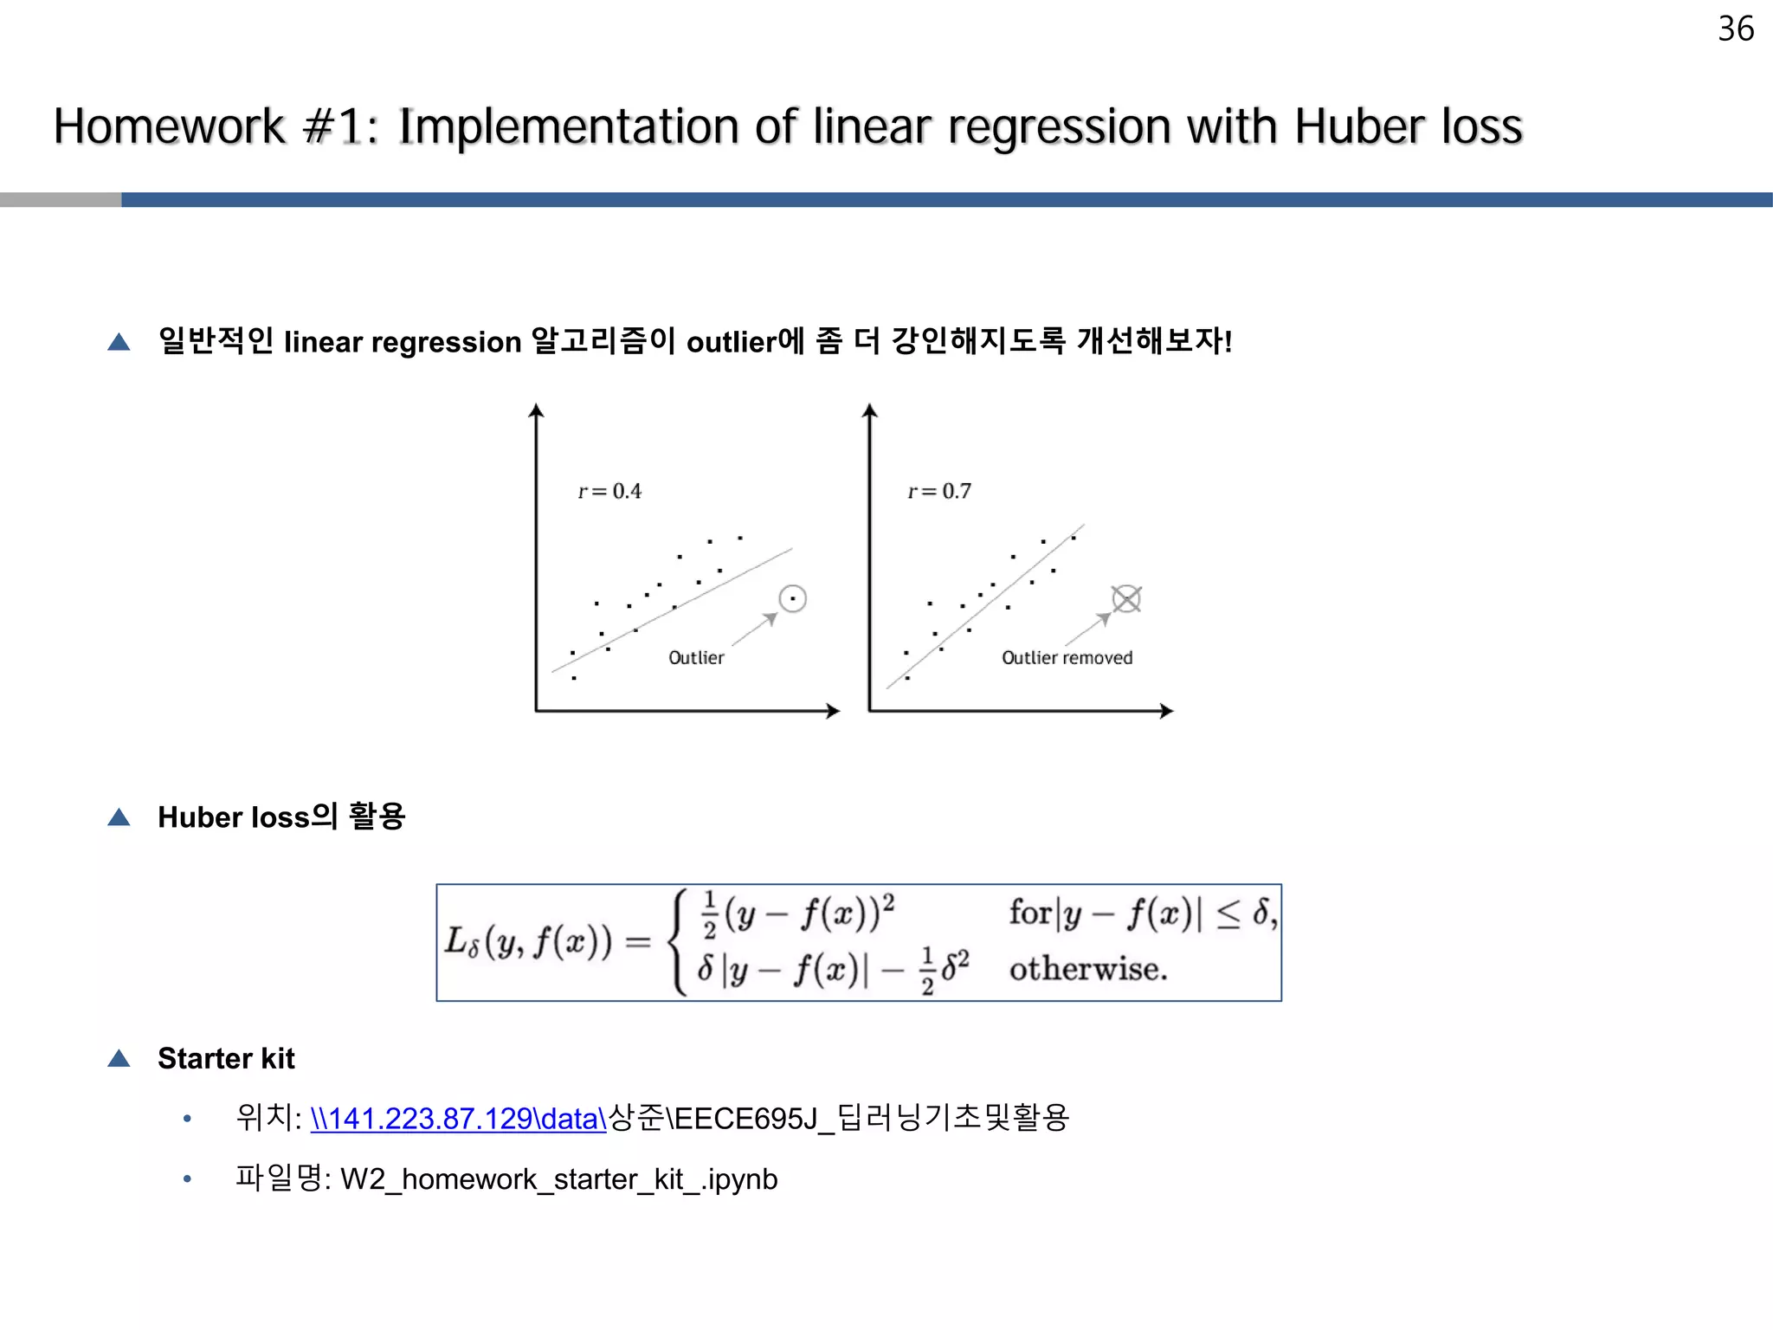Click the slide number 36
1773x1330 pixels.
1735,29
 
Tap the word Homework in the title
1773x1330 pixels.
169,127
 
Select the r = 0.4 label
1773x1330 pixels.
609,492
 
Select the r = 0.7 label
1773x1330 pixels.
939,492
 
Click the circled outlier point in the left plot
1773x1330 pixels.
792,598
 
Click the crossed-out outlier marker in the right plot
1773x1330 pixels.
1126,598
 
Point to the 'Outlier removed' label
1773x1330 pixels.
1067,658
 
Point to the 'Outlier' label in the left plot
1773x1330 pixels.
696,658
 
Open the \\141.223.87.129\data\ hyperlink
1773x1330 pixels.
458,1119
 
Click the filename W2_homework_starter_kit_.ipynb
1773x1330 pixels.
558,1179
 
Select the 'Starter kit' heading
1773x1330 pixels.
226,1058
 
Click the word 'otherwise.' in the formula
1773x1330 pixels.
1087,969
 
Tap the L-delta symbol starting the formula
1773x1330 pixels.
461,942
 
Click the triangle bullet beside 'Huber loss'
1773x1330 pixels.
119,817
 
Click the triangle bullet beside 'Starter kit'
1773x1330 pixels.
119,1058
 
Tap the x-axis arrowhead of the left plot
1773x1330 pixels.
833,711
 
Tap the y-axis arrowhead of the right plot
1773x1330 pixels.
870,410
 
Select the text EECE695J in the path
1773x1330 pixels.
745,1119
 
